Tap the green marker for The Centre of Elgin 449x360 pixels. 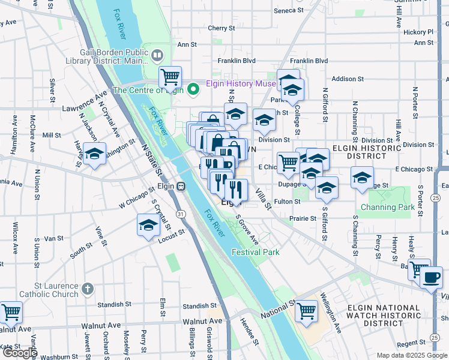tap(193, 90)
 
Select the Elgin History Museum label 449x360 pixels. tap(240, 84)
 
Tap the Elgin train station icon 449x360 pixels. tap(180, 186)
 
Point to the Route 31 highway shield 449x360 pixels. tap(180, 214)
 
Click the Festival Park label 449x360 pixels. tap(256, 253)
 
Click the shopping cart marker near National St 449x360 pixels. tap(306, 311)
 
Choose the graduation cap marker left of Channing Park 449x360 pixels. tap(362, 178)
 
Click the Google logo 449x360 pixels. tap(19, 353)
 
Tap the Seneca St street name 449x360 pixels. tap(289, 11)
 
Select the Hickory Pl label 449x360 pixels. tap(419, 32)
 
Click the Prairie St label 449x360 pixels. tap(303, 218)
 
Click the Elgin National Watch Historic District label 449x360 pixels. tap(384, 316)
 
